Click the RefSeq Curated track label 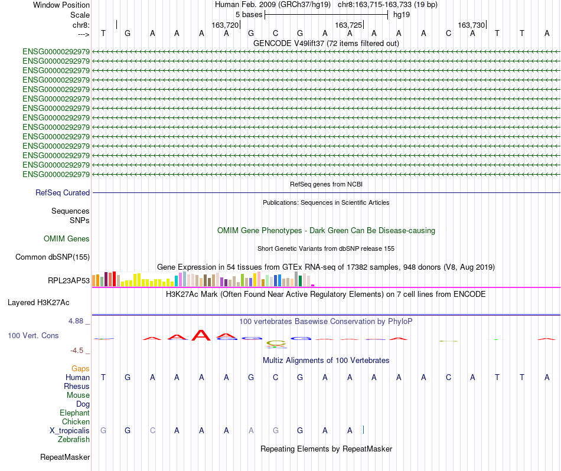[63, 192]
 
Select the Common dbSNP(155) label [53, 257]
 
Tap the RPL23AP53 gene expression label [69, 280]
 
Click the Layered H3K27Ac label [38, 302]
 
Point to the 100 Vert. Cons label [33, 335]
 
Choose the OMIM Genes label [67, 238]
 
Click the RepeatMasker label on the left [65, 457]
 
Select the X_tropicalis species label [70, 430]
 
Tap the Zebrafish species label [74, 439]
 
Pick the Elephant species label [74, 413]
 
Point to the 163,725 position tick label [348, 25]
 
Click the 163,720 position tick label [225, 25]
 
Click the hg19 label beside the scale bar [402, 14]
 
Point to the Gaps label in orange [80, 368]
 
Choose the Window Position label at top [61, 5]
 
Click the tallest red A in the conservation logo [202, 335]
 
